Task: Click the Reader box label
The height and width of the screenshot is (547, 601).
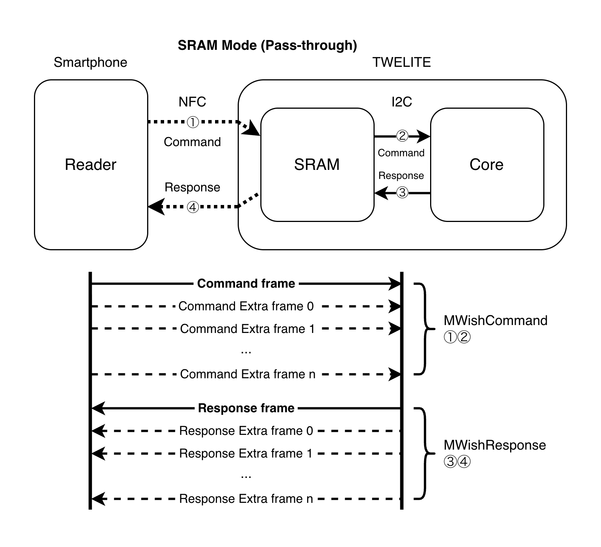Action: coord(91,165)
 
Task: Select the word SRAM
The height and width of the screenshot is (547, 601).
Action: coord(317,165)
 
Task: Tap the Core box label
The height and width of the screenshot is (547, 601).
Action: coord(486,165)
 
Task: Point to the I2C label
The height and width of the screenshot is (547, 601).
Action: coord(402,102)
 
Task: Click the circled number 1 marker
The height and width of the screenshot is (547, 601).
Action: coord(193,123)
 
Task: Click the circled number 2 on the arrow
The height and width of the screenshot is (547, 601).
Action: coord(402,136)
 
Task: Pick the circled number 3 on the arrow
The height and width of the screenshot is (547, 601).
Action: coord(402,193)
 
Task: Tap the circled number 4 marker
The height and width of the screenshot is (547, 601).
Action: coord(193,208)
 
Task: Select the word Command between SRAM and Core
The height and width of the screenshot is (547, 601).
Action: coord(401,153)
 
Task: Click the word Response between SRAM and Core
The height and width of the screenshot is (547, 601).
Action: coord(401,176)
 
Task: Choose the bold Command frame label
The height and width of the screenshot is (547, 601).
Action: coord(246,284)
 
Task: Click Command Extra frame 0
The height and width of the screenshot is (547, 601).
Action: coord(246,306)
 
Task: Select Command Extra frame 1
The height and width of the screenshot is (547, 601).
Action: coord(246,329)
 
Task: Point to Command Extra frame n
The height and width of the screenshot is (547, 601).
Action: coord(246,374)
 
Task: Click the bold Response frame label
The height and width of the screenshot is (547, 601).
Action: coord(246,408)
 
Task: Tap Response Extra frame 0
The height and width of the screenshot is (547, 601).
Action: coord(246,431)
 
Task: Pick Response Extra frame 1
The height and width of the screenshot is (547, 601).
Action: coord(246,453)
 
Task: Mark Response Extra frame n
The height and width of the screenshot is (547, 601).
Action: coord(246,499)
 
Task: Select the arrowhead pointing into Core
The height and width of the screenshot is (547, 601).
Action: coord(424,136)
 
